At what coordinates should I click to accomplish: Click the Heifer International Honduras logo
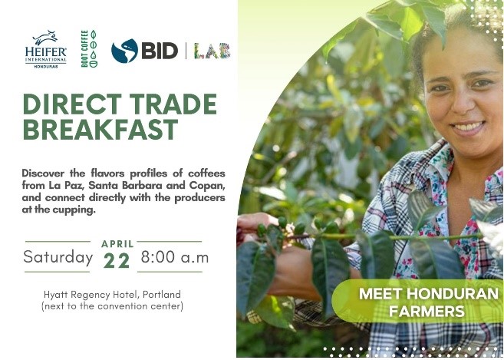tap(46, 49)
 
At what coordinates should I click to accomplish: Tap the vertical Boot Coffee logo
tap(89, 48)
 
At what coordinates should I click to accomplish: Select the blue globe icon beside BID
tap(124, 51)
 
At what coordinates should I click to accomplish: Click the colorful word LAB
tap(212, 51)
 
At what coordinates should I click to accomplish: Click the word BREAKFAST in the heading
tap(100, 129)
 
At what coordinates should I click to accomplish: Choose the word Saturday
tap(58, 256)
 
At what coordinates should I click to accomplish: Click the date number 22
tap(117, 260)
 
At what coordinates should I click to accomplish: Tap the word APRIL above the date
tap(117, 244)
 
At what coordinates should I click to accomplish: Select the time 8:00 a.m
tap(175, 257)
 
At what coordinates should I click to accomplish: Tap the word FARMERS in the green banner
tap(427, 311)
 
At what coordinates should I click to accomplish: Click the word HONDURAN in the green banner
tap(453, 294)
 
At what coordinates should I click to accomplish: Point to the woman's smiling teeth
tap(468, 126)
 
